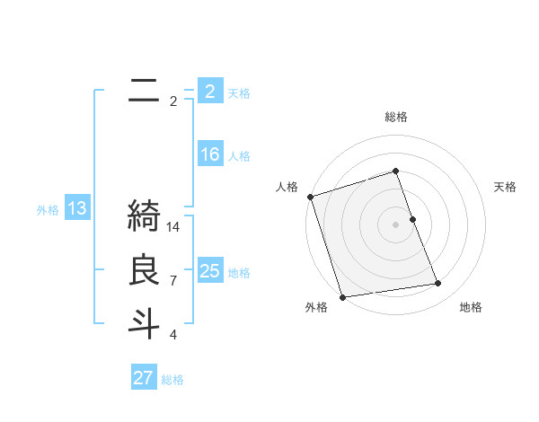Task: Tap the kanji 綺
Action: [x=144, y=216]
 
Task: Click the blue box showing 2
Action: [x=209, y=92]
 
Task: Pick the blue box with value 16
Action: [x=209, y=154]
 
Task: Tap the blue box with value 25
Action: [x=209, y=271]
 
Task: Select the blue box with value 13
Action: [x=76, y=209]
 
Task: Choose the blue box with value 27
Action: [x=143, y=378]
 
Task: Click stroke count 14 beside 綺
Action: [x=173, y=227]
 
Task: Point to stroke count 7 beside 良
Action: [x=173, y=281]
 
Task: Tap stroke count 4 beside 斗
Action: [x=173, y=335]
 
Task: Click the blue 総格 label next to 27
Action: [x=172, y=380]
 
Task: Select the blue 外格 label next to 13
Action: [x=48, y=210]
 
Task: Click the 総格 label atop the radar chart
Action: [x=396, y=117]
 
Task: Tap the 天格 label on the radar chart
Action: [x=506, y=187]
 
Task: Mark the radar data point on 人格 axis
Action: [x=310, y=197]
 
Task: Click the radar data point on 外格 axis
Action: [x=343, y=297]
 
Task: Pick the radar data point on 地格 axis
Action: [x=438, y=284]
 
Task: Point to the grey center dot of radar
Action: [x=396, y=224]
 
